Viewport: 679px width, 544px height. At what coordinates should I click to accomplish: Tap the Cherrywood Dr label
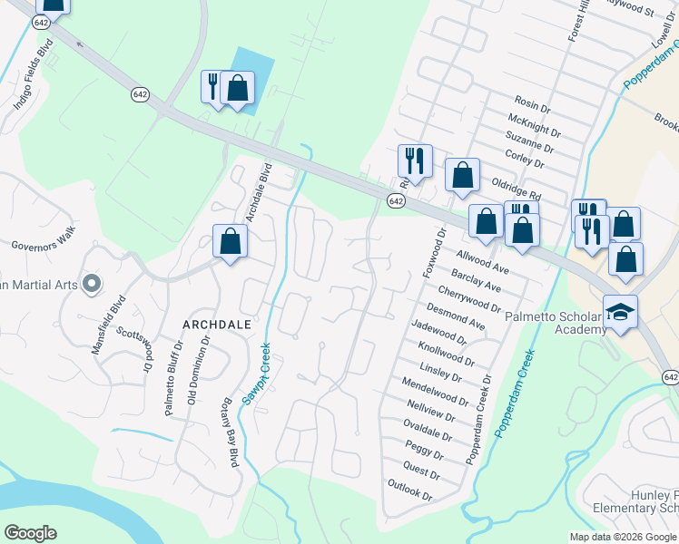(468, 299)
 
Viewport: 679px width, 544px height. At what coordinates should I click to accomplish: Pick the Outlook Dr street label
(409, 491)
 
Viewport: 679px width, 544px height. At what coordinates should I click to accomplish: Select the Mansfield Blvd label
(108, 323)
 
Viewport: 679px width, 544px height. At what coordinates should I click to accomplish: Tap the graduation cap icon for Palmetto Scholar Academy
(622, 312)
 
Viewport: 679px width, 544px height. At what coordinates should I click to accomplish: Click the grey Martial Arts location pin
(91, 285)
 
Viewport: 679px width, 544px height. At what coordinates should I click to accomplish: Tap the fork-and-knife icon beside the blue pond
(213, 87)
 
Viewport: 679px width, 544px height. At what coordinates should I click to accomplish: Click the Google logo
(30, 533)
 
